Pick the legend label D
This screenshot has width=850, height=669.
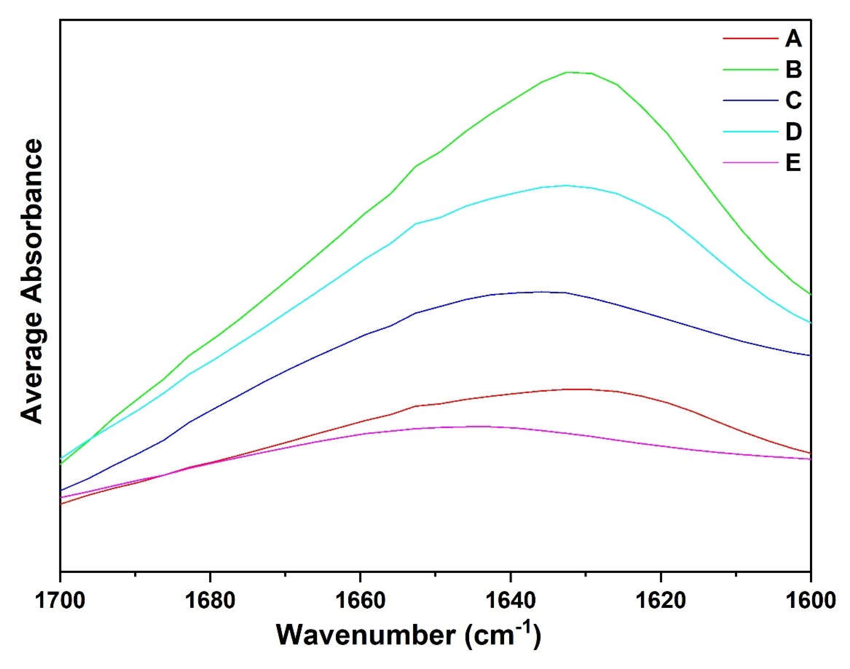coord(793,132)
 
